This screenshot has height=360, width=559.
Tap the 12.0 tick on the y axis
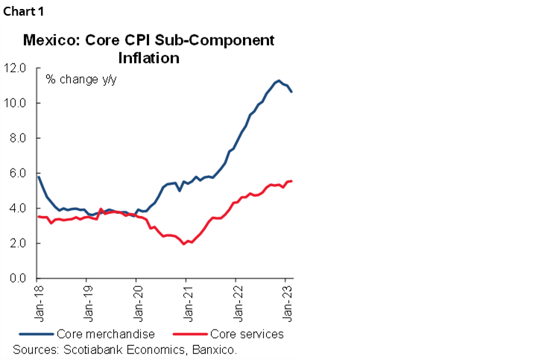click(15, 68)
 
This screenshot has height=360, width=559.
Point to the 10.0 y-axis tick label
click(15, 103)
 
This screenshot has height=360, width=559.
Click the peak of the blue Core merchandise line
click(278, 80)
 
